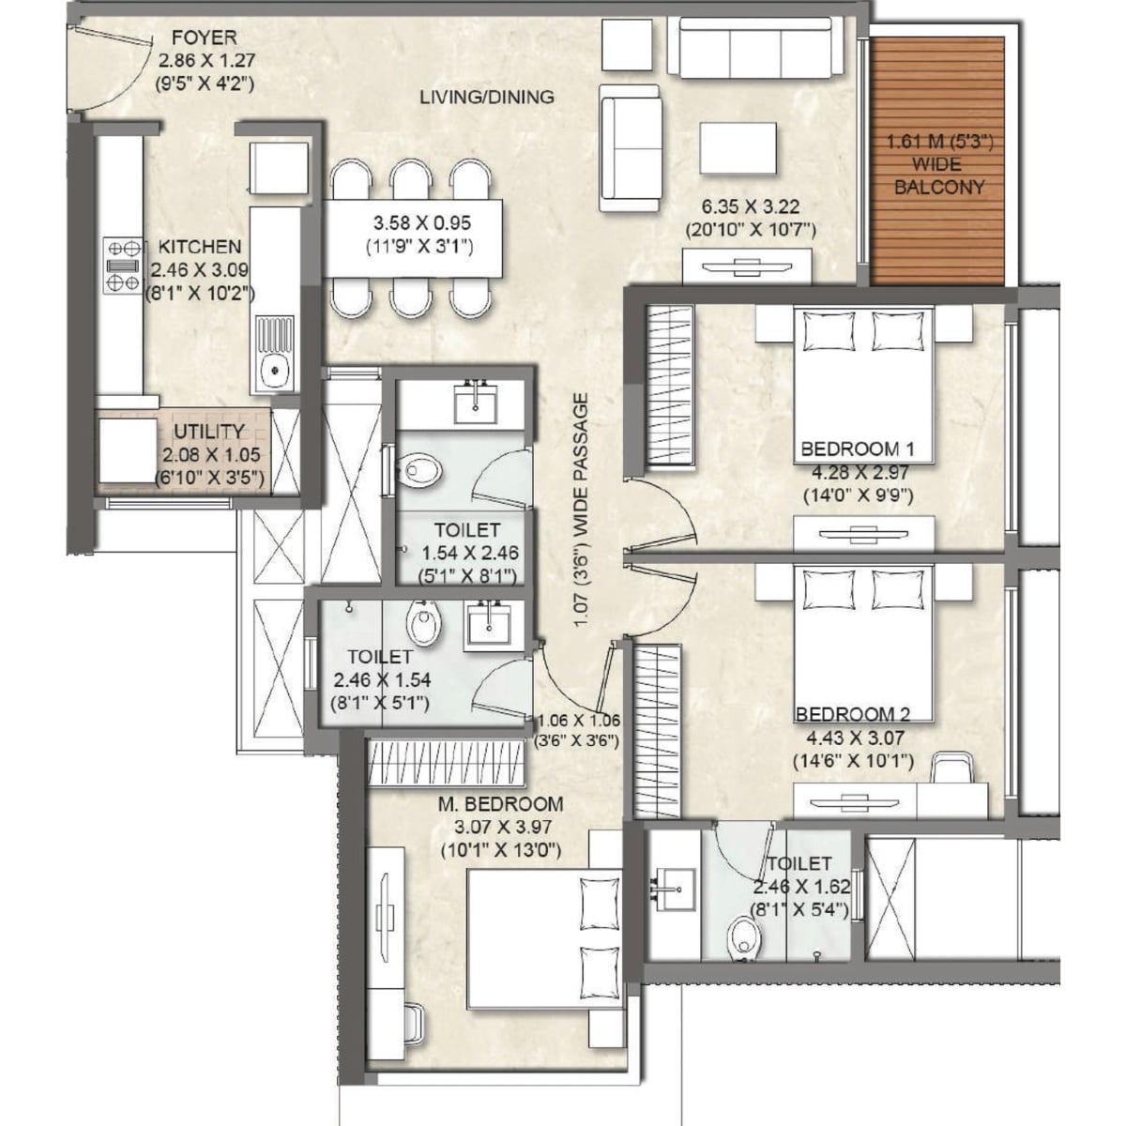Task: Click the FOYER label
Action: click(x=205, y=38)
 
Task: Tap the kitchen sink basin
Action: click(x=273, y=369)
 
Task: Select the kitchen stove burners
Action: click(x=123, y=266)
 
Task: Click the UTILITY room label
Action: click(x=209, y=432)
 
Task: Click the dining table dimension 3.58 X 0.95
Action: click(x=421, y=222)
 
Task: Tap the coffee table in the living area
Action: click(x=738, y=148)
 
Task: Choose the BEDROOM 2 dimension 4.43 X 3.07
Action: click(x=855, y=738)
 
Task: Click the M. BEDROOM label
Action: click(x=501, y=804)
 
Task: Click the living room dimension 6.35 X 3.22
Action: click(x=751, y=206)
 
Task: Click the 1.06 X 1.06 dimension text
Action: click(x=579, y=721)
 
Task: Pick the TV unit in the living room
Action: click(x=748, y=267)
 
